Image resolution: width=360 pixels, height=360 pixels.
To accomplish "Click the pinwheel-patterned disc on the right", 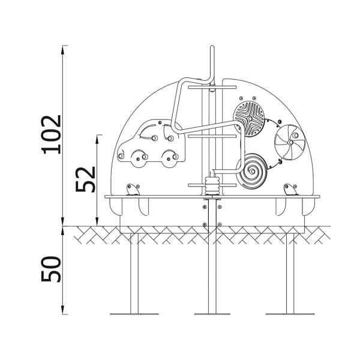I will (289, 143).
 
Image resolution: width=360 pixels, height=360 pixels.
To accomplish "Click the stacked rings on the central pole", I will (211, 184).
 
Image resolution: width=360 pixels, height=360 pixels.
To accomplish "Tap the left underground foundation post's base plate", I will (134, 313).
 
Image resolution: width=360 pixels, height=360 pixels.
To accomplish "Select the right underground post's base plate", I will (289, 313).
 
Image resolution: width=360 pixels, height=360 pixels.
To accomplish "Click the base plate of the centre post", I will (212, 313).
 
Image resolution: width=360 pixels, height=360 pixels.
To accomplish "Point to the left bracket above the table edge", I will (132, 190).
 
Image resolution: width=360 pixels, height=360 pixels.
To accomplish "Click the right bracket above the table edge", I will (290, 190).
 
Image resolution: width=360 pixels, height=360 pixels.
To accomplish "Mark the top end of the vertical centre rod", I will (211, 47).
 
